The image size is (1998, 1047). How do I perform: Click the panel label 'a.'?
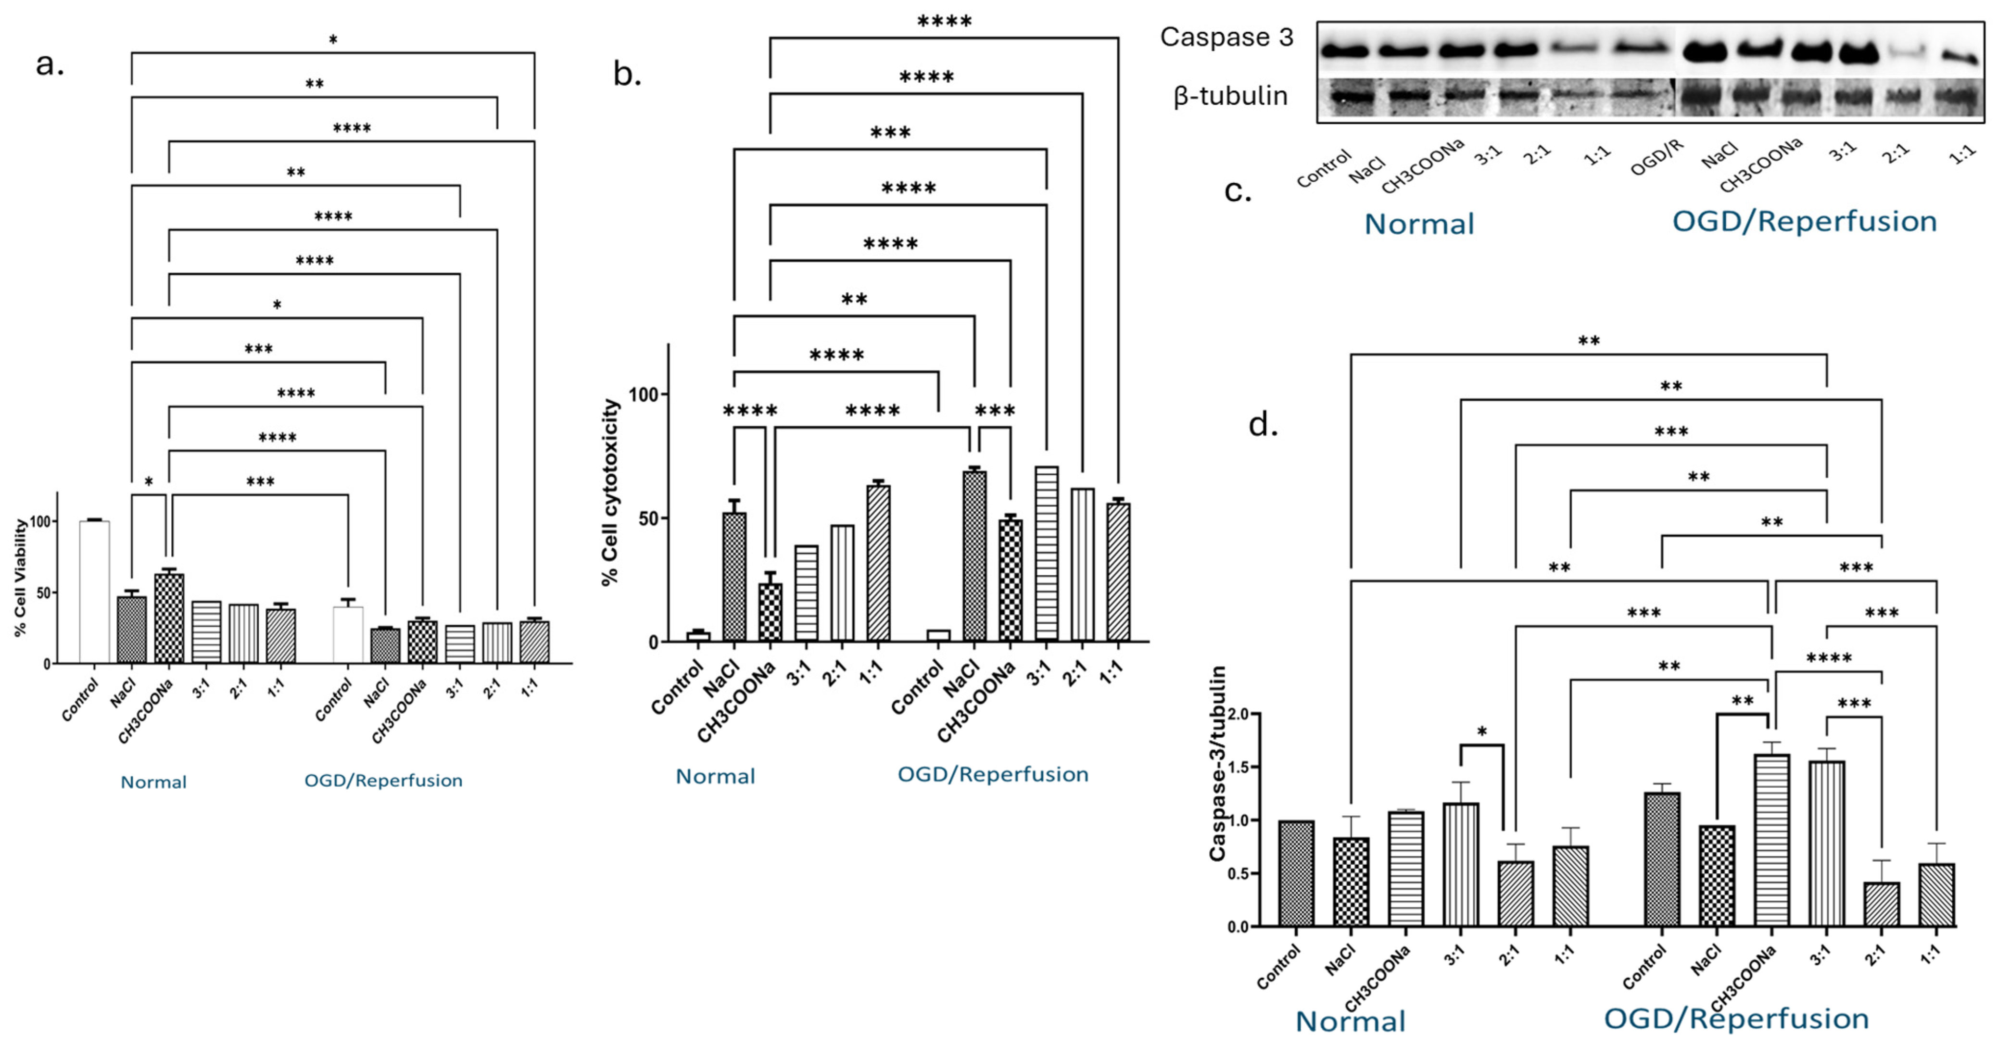pos(50,65)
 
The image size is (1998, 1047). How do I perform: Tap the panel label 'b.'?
pos(627,75)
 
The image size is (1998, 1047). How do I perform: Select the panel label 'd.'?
pos(1263,425)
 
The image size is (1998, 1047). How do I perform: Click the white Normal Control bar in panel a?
pos(95,592)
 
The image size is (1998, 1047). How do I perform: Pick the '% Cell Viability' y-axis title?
pos(21,578)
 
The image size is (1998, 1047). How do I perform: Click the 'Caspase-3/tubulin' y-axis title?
pos(1218,763)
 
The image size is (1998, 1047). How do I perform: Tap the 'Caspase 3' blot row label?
pos(1226,37)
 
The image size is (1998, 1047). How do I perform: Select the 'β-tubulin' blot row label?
pos(1230,96)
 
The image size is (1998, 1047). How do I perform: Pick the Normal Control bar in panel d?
pos(1296,873)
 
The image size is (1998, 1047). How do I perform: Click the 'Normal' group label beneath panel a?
pos(153,782)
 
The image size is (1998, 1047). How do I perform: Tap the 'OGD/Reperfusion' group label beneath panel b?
pos(993,774)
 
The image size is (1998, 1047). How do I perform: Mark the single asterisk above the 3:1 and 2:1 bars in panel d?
pos(1481,732)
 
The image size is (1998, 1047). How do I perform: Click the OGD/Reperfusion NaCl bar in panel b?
pos(974,556)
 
